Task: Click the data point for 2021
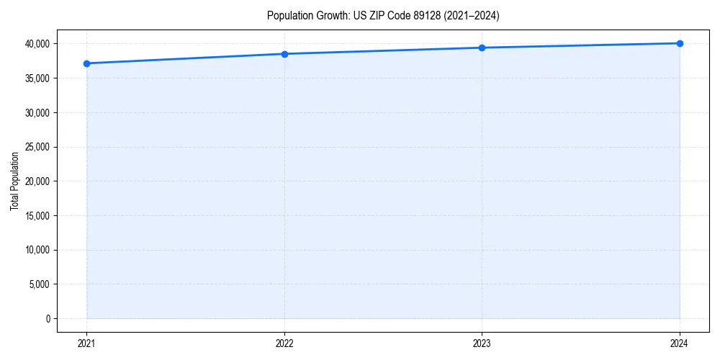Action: (86, 63)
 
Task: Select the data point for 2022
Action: (284, 54)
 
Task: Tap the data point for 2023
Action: (482, 48)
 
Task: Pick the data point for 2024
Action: (680, 43)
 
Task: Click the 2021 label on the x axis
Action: (86, 343)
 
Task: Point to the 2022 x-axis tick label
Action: (284, 343)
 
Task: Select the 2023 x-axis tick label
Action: (482, 343)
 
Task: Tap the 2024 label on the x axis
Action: (680, 343)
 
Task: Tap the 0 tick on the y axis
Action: (48, 319)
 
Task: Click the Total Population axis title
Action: (14, 181)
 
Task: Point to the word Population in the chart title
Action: (289, 15)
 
